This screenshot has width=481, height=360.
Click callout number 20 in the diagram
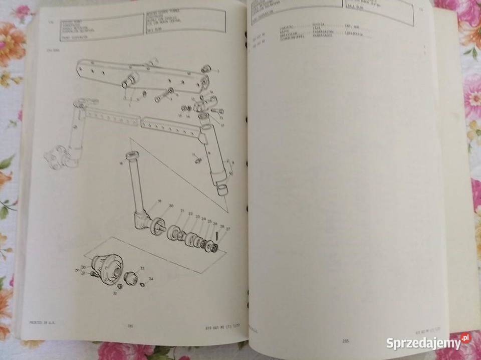[171, 206]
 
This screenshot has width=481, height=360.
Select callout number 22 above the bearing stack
[191, 214]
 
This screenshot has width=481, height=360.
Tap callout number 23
[197, 217]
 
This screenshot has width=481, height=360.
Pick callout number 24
[204, 219]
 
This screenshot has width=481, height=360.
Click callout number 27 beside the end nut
[228, 229]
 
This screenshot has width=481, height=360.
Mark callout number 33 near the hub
[142, 268]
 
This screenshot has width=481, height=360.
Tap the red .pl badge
[465, 337]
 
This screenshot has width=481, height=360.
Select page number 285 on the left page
[130, 326]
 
